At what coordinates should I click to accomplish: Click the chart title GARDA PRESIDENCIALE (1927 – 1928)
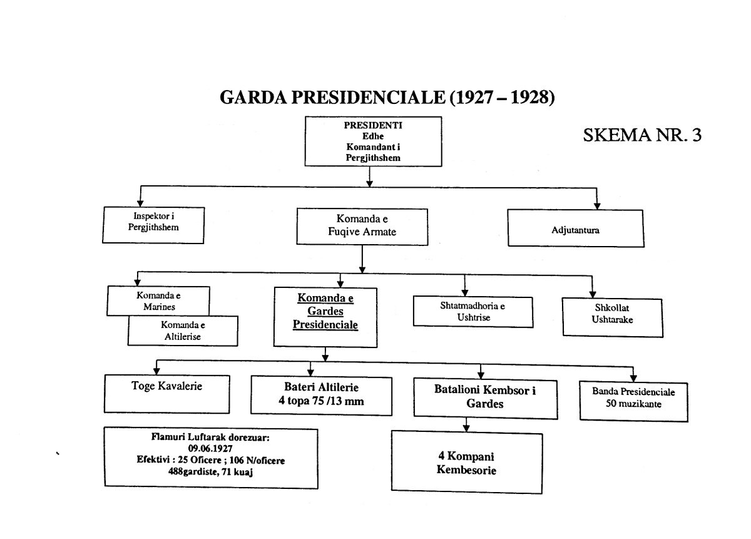[x=387, y=97]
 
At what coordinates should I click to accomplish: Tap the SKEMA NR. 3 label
[x=642, y=135]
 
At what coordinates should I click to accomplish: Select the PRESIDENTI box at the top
[x=373, y=141]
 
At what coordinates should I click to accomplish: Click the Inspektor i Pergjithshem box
[x=153, y=225]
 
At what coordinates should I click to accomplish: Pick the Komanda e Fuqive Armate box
[x=362, y=227]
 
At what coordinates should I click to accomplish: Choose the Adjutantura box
[x=576, y=228]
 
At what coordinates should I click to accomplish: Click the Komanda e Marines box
[x=158, y=301]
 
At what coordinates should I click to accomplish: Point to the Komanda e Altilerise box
[x=183, y=331]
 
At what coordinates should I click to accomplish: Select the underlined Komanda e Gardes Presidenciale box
[x=325, y=317]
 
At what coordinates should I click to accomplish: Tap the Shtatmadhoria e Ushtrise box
[x=473, y=312]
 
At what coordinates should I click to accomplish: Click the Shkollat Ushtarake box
[x=612, y=317]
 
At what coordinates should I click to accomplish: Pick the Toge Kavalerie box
[x=167, y=394]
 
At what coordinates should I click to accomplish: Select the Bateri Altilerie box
[x=321, y=396]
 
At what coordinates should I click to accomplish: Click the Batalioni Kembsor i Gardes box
[x=486, y=399]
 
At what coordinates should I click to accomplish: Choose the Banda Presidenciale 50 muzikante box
[x=633, y=401]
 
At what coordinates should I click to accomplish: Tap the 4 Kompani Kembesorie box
[x=467, y=462]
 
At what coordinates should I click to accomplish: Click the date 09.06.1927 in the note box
[x=210, y=448]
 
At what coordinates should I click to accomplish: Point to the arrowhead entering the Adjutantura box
[x=597, y=206]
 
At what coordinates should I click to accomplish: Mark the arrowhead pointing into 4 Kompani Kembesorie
[x=466, y=428]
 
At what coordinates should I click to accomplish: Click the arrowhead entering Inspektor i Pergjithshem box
[x=140, y=203]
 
